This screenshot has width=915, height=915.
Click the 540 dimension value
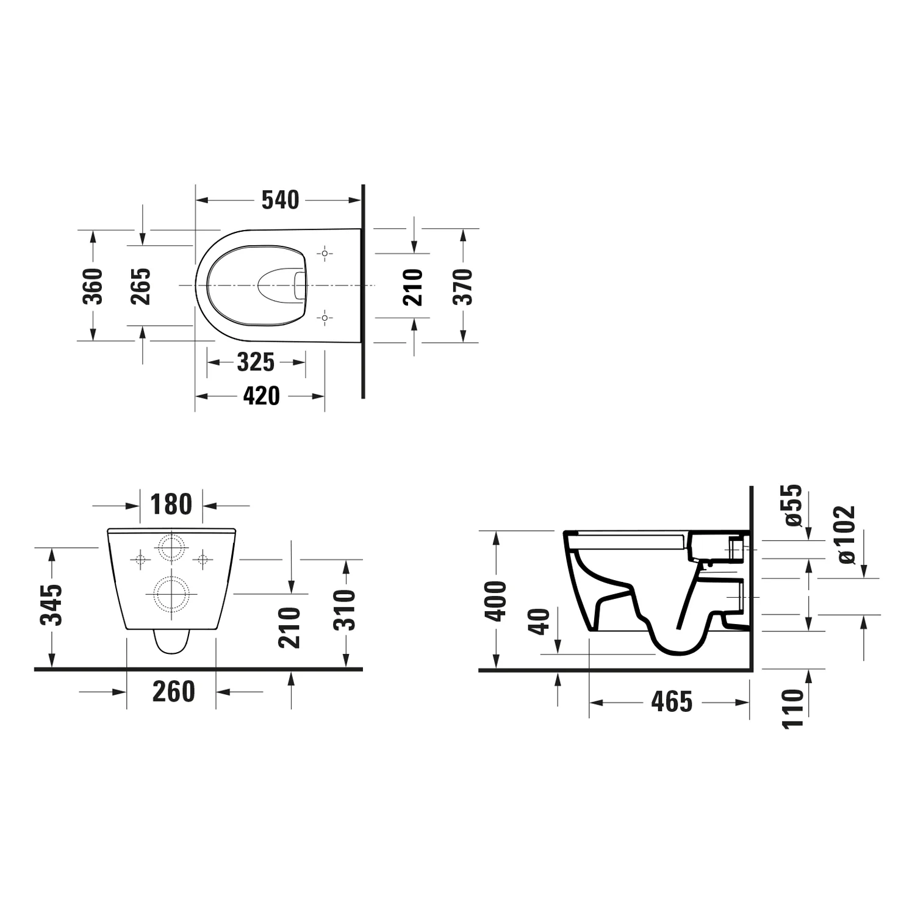point(281,200)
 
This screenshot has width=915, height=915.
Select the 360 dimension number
point(93,285)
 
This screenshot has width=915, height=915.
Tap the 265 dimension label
point(141,285)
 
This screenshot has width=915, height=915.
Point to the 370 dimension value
point(464,286)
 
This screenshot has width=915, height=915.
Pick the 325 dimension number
point(256,362)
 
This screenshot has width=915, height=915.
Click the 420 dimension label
point(262,396)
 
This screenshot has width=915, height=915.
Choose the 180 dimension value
point(171,504)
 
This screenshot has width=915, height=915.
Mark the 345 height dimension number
point(52,605)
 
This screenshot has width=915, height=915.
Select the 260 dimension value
point(174,692)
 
